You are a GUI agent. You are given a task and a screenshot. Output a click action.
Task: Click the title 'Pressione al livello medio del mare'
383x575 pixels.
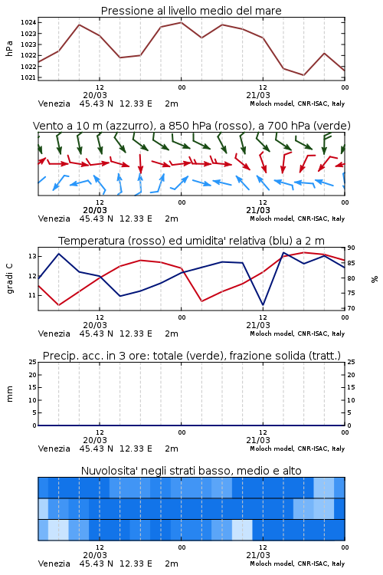191,11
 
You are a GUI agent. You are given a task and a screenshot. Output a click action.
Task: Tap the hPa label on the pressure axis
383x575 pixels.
9,48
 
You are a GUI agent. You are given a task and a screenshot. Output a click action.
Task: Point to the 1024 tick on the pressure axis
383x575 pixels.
28,23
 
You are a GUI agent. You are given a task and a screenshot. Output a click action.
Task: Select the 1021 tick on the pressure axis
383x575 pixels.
28,77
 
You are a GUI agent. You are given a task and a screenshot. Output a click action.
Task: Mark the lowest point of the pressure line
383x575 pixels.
303,75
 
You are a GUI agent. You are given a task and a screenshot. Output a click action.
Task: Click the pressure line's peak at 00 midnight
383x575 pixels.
181,22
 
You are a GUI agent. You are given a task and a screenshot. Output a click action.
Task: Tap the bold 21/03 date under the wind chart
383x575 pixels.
258,210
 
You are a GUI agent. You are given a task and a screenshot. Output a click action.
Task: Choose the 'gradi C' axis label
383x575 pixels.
9,278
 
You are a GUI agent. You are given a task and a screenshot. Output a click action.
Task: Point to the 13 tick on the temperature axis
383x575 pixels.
32,256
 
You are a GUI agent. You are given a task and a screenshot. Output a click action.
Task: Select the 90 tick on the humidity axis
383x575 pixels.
351,248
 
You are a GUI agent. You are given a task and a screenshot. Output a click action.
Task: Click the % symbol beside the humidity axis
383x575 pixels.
375,279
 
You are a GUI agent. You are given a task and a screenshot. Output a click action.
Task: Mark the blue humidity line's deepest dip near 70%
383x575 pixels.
263,304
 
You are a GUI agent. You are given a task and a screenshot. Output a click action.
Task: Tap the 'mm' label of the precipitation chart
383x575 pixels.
9,394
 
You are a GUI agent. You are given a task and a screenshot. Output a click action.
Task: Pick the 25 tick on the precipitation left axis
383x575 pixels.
33,362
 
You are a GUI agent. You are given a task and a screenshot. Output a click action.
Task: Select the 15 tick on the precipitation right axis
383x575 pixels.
351,387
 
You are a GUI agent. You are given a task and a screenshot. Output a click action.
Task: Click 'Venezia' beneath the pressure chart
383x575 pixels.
54,103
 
